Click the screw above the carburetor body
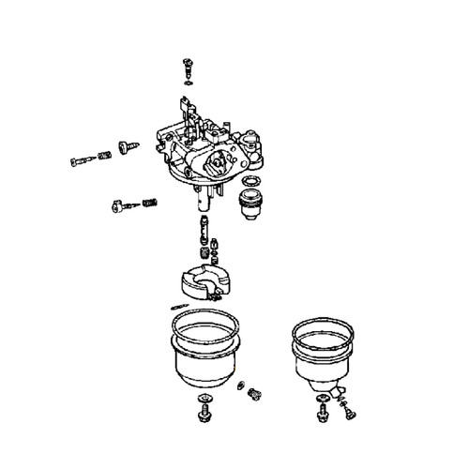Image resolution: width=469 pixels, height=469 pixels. (x=186, y=68)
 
